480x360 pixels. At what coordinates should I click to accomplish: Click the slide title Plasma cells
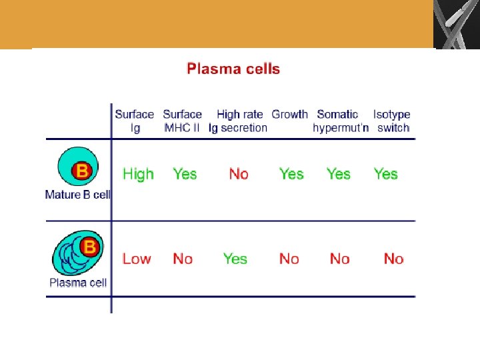pyautogui.click(x=233, y=69)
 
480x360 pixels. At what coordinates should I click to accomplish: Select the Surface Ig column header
pyautogui.click(x=135, y=121)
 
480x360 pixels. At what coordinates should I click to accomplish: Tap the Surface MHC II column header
pyautogui.click(x=182, y=121)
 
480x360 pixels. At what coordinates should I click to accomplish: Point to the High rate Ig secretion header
pyautogui.click(x=239, y=121)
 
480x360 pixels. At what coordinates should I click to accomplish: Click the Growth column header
pyautogui.click(x=289, y=115)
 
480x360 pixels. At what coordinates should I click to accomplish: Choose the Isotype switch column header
pyautogui.click(x=392, y=121)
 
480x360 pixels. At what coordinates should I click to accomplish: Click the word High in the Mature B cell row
pyautogui.click(x=138, y=174)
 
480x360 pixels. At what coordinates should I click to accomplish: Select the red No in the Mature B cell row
pyautogui.click(x=239, y=174)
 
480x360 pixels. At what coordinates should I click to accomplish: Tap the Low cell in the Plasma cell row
pyautogui.click(x=137, y=259)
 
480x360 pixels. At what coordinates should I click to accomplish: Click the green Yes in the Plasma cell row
pyautogui.click(x=235, y=259)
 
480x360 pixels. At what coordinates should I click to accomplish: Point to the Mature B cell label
pyautogui.click(x=77, y=195)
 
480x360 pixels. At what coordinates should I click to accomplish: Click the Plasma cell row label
pyautogui.click(x=78, y=283)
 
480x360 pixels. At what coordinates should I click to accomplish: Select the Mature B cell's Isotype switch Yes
pyautogui.click(x=385, y=174)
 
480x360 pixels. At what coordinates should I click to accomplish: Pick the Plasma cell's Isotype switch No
pyautogui.click(x=393, y=259)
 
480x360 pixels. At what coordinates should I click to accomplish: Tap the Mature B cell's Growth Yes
pyautogui.click(x=291, y=174)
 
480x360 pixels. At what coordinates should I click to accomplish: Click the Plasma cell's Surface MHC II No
pyautogui.click(x=183, y=259)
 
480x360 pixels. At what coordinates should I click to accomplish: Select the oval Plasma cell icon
pyautogui.click(x=77, y=253)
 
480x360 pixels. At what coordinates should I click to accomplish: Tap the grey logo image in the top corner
pyautogui.click(x=457, y=24)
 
